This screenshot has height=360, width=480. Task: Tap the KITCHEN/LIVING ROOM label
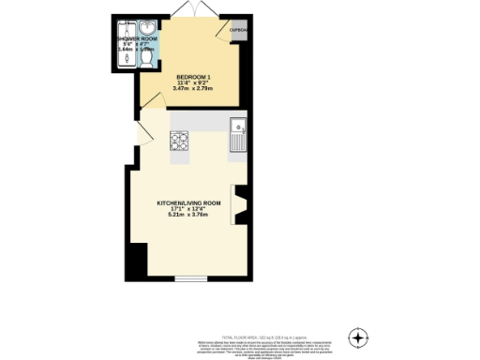point(188,202)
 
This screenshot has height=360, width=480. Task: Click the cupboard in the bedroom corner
point(241,30)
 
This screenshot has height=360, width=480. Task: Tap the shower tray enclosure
point(124,58)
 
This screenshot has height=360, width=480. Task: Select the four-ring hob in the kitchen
point(179,142)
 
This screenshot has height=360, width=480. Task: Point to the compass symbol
point(357,337)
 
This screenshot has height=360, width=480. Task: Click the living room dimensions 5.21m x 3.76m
point(188,215)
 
